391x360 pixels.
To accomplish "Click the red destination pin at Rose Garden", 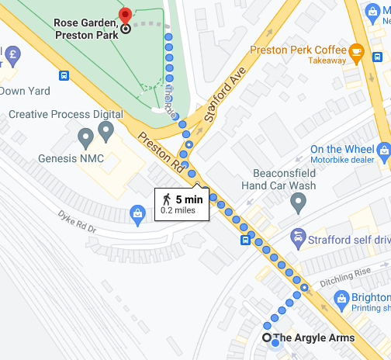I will point(125,15).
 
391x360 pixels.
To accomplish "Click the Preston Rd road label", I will point(162,152).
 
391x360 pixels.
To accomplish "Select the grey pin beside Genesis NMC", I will point(86,139).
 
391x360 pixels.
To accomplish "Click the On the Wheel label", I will point(341,149).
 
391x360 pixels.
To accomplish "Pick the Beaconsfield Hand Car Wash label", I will point(289,180).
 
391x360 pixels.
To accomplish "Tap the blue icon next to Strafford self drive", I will point(296,236).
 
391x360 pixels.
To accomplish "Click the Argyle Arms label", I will point(314,337).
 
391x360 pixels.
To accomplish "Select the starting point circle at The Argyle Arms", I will point(267,337).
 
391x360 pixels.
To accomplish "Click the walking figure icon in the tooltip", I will point(167,199).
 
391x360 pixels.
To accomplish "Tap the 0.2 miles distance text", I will point(178,210).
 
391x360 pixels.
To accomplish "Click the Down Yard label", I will point(25,91).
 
